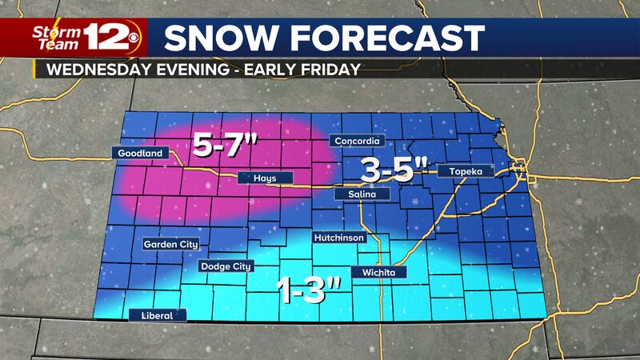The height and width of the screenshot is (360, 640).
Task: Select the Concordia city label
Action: [359, 142]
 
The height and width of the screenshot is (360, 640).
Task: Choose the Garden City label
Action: [170, 244]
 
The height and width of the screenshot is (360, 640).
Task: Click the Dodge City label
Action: [225, 266]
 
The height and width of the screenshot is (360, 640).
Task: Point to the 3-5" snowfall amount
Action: [392, 169]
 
